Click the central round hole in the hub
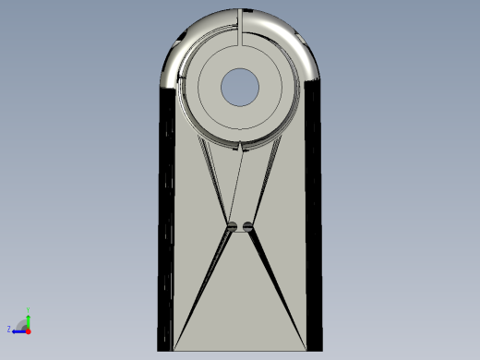pos(241,87)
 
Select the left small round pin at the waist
pos(233,226)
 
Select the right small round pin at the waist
pos(247,226)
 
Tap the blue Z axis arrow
pos(18,330)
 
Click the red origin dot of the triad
pos(28,330)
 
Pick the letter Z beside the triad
pos(9,329)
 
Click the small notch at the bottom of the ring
pos(241,146)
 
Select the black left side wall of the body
pos(166,222)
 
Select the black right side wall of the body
pos(315,222)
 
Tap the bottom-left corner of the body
pos(160,349)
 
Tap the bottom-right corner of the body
pos(322,349)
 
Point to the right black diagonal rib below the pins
pos(276,286)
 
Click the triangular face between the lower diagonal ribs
pos(240,305)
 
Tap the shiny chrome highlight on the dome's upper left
pos(176,60)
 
